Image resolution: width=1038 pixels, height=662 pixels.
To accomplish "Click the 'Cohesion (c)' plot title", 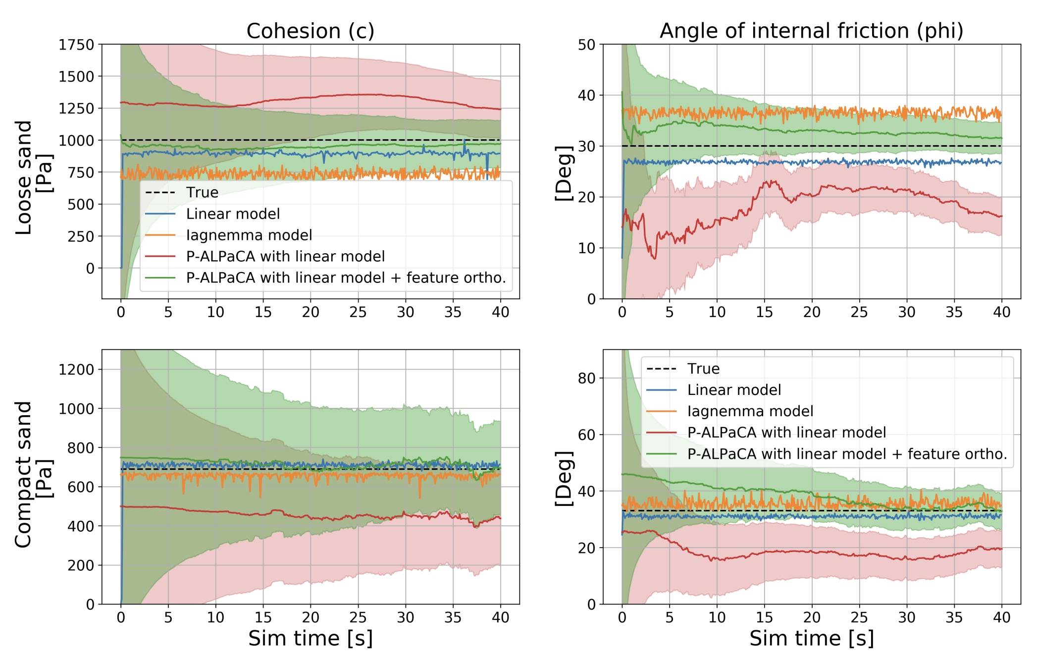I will point(311,31).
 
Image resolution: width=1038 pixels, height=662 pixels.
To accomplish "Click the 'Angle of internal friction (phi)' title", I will point(811,31).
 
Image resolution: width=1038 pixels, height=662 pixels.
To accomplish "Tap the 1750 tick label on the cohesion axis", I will point(76,45).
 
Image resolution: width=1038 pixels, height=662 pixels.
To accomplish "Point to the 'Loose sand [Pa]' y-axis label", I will point(33,177).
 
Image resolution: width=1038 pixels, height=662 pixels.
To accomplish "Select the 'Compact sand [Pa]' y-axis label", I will point(33,475).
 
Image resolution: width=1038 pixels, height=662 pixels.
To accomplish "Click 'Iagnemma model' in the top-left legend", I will point(249,235).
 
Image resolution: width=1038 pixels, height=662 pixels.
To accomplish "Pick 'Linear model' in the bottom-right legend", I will point(734,390).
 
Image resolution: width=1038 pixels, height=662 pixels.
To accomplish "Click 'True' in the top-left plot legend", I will point(202,192).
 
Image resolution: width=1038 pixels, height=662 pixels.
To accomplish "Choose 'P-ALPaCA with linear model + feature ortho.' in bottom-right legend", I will point(847,454).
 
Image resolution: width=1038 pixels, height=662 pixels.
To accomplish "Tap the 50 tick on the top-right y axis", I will point(586,45).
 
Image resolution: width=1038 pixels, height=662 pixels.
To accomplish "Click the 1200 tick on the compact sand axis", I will point(76,370).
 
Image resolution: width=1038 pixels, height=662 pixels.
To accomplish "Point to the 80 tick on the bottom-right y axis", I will point(586,379).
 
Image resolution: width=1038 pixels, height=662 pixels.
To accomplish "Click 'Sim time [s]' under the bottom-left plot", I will point(311,638).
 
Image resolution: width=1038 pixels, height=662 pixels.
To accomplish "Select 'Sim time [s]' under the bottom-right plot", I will point(811,638).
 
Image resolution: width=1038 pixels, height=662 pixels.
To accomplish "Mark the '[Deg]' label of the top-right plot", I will point(564,173).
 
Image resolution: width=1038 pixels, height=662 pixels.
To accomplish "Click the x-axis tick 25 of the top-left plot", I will point(358,312).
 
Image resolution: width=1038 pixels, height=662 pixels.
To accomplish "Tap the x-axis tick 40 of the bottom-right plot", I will point(1001,617).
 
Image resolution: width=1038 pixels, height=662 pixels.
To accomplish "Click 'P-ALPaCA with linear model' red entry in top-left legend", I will point(285,256).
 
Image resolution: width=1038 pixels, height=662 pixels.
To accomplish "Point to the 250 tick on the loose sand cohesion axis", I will point(81,237).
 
